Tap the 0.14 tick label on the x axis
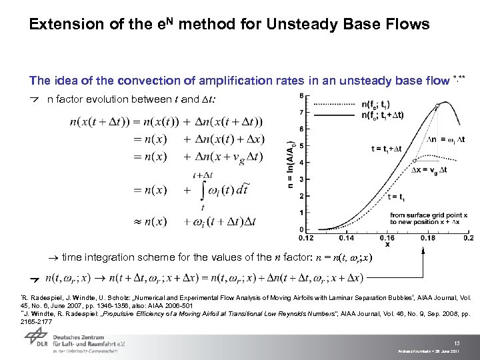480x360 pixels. [347, 237]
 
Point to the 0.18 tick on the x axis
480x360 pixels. [427, 237]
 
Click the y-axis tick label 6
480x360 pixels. [302, 129]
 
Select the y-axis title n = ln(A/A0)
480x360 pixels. [291, 164]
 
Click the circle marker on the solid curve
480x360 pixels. [437, 105]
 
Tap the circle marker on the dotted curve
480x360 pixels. [415, 160]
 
